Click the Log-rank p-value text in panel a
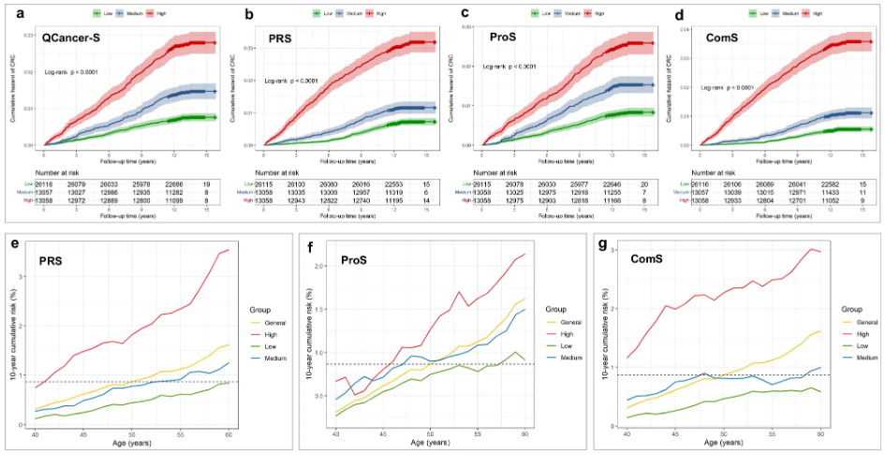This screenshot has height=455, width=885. (x=72, y=72)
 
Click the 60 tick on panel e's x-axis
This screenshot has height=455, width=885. (x=229, y=434)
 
